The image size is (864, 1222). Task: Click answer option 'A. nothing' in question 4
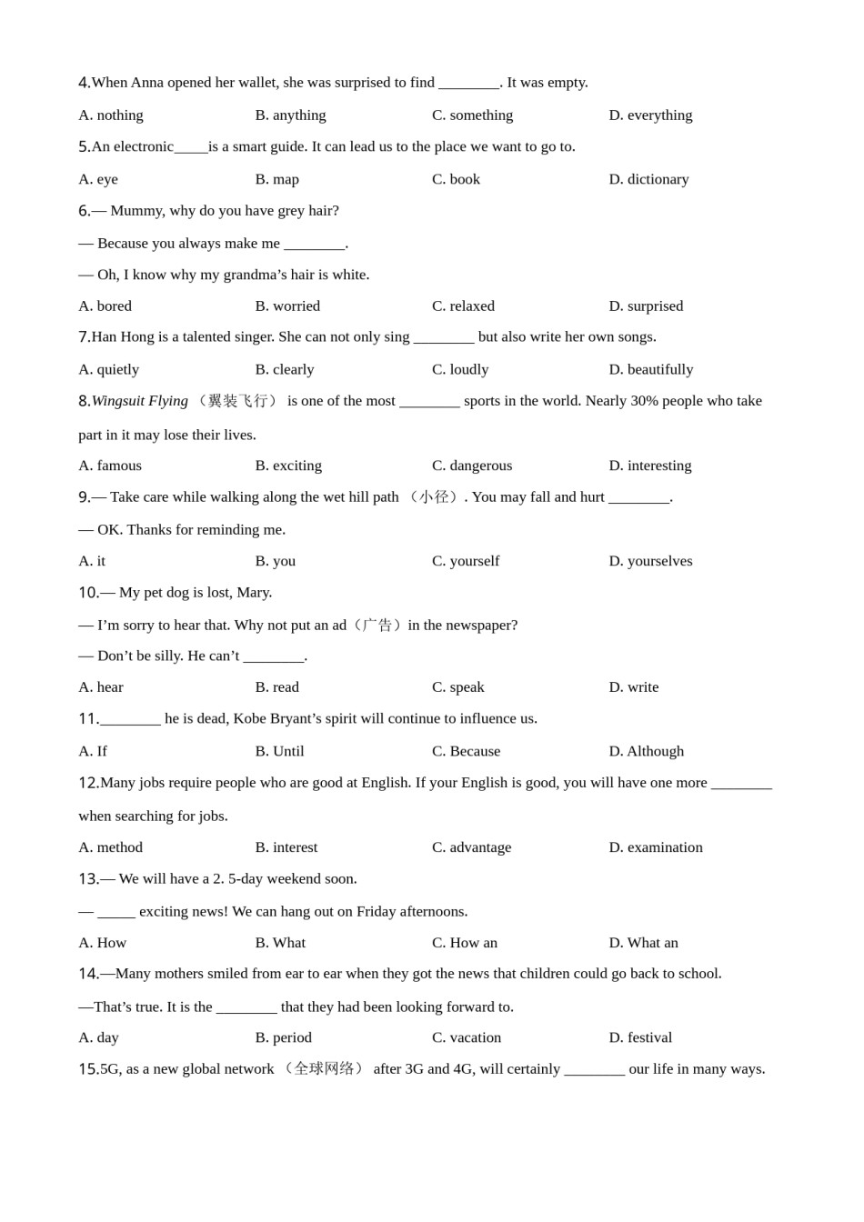point(111,115)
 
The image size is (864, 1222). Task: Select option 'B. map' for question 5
point(277,179)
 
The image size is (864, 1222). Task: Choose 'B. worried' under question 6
point(287,306)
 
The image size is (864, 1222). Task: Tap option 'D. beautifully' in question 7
point(650,369)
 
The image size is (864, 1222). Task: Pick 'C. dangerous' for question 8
point(472,466)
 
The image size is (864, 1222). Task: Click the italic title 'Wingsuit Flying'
point(140,401)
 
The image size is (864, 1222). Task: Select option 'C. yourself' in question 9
point(466,561)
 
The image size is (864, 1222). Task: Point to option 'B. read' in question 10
point(277,687)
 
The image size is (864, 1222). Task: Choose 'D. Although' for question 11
point(646,751)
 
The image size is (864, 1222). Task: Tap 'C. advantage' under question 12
point(471,847)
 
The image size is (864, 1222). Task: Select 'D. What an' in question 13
point(643,943)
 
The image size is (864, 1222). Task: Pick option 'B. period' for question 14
point(284,1037)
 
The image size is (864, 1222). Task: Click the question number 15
point(88,1069)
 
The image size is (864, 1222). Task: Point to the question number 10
point(88,593)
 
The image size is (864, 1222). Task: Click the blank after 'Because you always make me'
point(314,244)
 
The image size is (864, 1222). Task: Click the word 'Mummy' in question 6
point(136,211)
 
